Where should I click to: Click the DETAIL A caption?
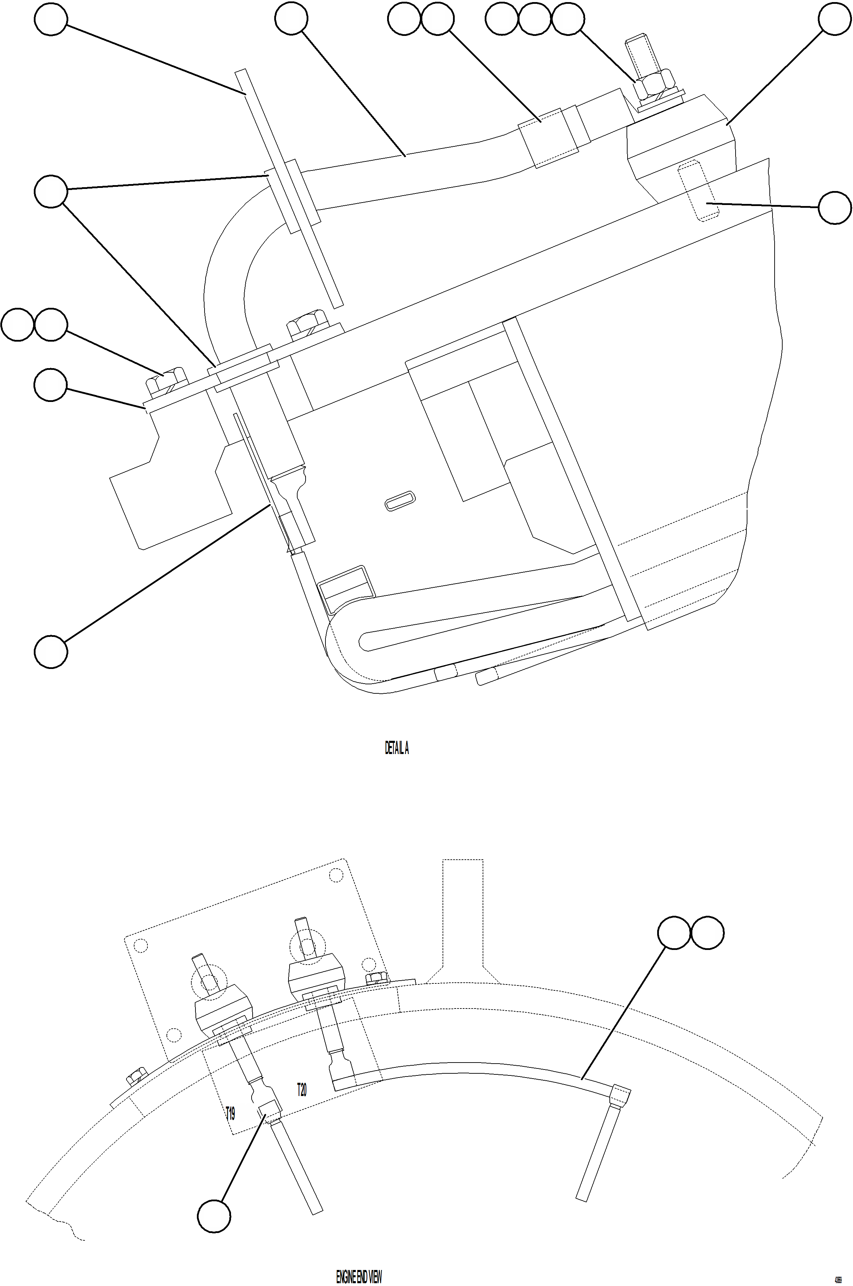397,749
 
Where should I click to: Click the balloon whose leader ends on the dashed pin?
835,207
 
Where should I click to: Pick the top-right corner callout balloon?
835,19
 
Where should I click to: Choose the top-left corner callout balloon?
51,19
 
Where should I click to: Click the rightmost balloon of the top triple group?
568,19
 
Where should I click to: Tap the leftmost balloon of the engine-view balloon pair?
675,933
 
